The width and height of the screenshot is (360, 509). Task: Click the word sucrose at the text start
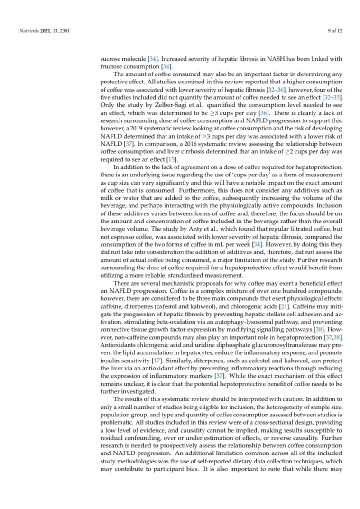click(110, 59)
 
